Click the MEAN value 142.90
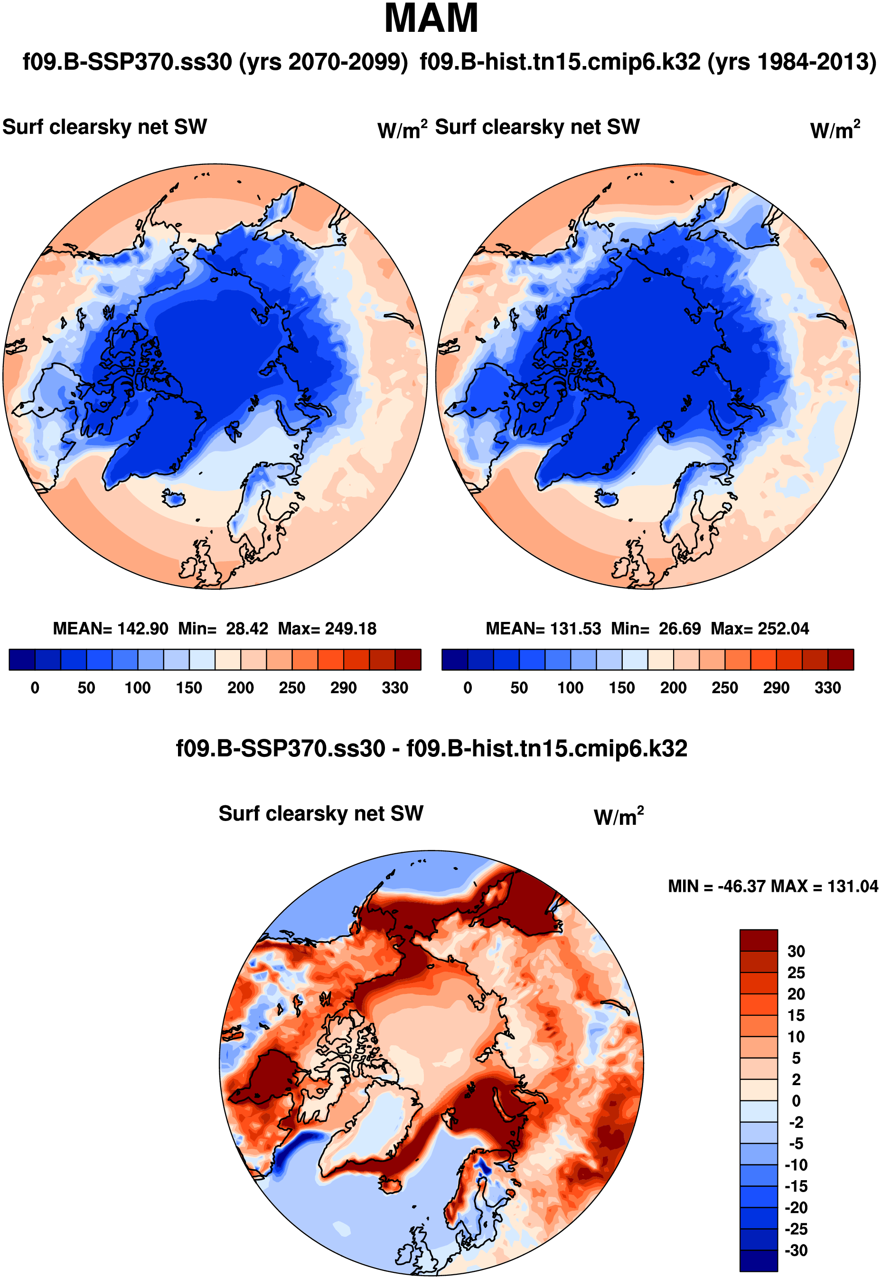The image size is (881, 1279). [x=142, y=629]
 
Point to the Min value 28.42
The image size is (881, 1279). [x=247, y=629]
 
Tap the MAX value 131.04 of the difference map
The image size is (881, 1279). [x=853, y=886]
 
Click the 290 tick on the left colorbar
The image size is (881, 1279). [x=343, y=688]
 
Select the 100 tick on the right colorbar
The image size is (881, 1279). [x=570, y=688]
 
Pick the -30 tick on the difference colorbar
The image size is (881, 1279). [x=796, y=1251]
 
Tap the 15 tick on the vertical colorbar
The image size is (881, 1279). [x=796, y=1015]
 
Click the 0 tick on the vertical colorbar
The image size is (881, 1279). [x=796, y=1101]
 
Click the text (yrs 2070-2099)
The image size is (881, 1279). [x=323, y=62]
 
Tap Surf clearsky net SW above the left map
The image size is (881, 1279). [x=105, y=127]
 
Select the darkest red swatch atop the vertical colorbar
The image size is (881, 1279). [x=759, y=940]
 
